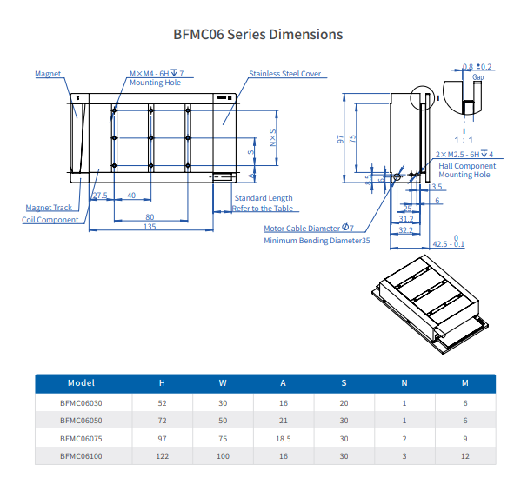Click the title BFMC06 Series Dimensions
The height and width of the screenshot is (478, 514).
(258, 35)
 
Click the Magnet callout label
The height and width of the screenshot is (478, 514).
(48, 74)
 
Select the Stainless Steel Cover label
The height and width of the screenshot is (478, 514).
(285, 74)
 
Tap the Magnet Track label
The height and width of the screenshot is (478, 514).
(49, 208)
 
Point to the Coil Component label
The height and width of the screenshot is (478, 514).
(50, 220)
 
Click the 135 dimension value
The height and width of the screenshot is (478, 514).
(150, 227)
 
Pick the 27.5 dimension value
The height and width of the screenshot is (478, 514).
(99, 196)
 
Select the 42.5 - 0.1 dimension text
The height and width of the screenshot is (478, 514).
(449, 243)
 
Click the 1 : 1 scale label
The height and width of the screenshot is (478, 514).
(464, 139)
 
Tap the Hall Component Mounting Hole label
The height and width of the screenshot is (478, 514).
(467, 170)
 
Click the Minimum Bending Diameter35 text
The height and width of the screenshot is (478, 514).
(317, 241)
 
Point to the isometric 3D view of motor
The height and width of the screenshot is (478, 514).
(426, 301)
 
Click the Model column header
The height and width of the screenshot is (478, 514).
(81, 382)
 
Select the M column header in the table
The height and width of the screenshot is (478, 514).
(464, 382)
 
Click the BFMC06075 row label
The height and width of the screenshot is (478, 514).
(81, 440)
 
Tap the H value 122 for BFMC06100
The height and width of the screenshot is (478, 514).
(162, 455)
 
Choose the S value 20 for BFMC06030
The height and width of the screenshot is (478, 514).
(344, 403)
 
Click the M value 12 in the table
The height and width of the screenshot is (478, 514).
(464, 455)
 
